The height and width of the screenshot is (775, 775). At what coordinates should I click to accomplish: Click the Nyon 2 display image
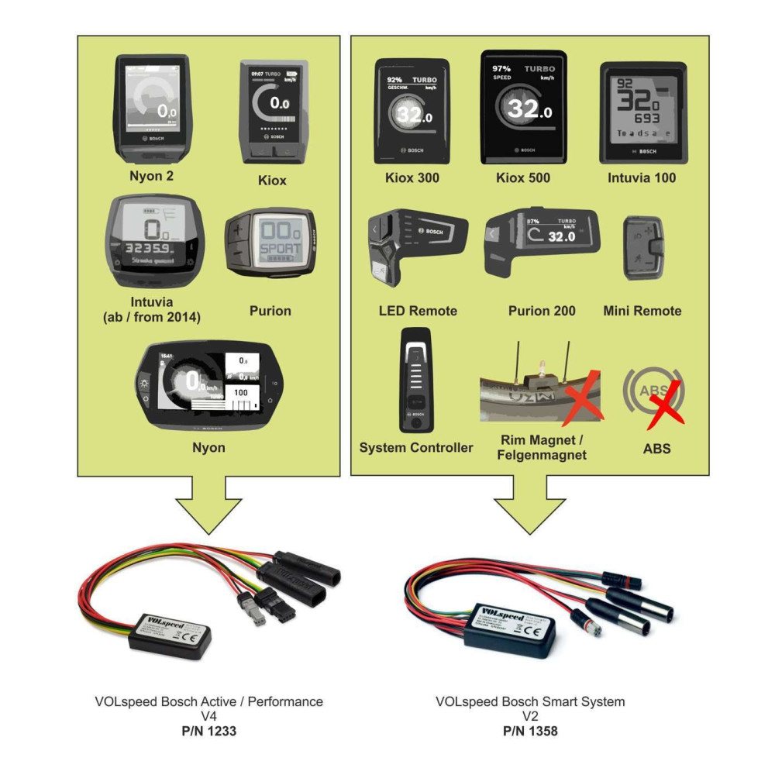tap(152, 108)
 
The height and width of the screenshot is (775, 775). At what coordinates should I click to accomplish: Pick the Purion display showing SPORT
tap(270, 242)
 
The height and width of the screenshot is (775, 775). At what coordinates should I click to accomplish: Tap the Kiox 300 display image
tap(412, 111)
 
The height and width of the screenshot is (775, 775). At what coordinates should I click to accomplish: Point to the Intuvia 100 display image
tap(643, 112)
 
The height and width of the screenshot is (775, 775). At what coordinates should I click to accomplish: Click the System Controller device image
tap(415, 380)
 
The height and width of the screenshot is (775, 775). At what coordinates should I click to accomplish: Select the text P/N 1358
tap(530, 731)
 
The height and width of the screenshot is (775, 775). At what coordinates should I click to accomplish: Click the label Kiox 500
tap(523, 178)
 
